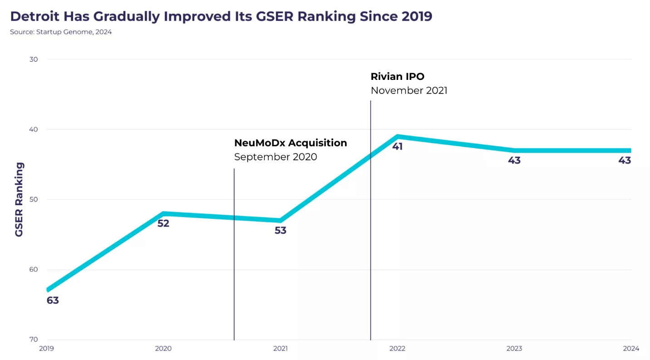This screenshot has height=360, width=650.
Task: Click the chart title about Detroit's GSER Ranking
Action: (x=221, y=16)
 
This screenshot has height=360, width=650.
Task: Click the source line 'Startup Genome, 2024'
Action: (x=61, y=32)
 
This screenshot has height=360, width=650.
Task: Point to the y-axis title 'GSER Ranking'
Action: (x=19, y=199)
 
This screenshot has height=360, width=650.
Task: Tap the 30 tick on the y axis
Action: (x=34, y=59)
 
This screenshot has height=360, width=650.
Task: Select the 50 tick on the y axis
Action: (x=34, y=199)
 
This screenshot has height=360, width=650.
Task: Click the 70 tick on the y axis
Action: (x=34, y=339)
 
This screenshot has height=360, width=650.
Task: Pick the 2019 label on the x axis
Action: (x=47, y=349)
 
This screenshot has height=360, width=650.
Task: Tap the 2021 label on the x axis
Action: (x=281, y=349)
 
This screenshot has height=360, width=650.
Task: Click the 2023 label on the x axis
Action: (x=514, y=349)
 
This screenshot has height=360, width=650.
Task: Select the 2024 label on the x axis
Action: (x=631, y=349)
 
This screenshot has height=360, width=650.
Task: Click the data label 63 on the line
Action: (x=53, y=300)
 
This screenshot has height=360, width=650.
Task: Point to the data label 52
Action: (x=163, y=223)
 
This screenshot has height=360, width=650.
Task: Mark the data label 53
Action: (x=281, y=231)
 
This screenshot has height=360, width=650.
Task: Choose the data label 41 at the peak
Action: (x=398, y=147)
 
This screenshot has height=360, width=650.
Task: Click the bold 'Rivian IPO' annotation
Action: (x=397, y=76)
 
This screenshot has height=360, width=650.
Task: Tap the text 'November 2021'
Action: (x=409, y=90)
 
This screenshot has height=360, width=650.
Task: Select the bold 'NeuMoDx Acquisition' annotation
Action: (x=291, y=143)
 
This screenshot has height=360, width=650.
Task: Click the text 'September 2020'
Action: (x=276, y=157)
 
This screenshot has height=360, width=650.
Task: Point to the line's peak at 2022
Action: (x=398, y=136)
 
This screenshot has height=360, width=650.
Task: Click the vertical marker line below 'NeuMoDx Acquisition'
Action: (x=234, y=272)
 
